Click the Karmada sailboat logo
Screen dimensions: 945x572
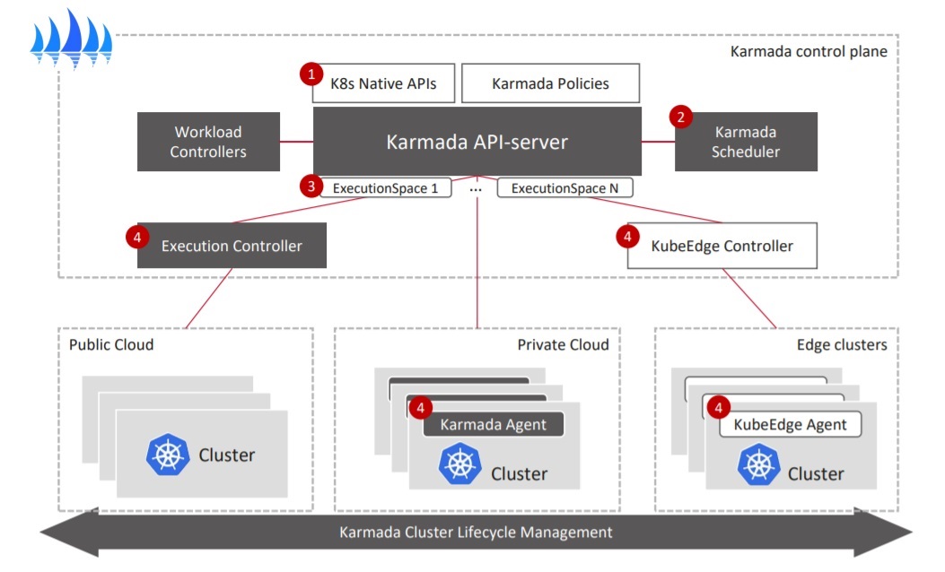click(x=71, y=39)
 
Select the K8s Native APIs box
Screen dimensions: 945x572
click(x=383, y=83)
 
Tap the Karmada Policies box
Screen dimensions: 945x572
click(x=550, y=83)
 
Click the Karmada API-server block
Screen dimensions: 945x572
click(x=477, y=142)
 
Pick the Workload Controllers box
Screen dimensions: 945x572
click(x=208, y=142)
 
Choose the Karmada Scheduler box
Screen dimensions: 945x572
click(x=746, y=142)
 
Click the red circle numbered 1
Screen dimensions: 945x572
click(x=311, y=74)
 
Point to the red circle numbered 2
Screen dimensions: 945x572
click(x=680, y=117)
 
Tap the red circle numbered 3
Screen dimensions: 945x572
click(x=311, y=186)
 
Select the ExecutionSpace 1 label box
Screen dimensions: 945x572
click(x=386, y=188)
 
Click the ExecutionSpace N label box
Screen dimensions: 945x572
click(x=564, y=188)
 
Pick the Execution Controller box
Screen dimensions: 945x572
click(x=232, y=246)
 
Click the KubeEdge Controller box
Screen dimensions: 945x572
click(x=722, y=246)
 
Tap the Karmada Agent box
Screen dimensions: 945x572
click(x=493, y=424)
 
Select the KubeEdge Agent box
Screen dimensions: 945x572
click(x=790, y=424)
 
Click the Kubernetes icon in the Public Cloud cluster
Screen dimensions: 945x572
click(x=168, y=455)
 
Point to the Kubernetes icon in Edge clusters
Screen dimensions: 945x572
click(x=758, y=464)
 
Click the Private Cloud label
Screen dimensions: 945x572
click(x=563, y=344)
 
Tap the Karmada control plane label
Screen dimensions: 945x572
click(x=809, y=52)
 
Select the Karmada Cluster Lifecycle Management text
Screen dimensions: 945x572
click(x=476, y=533)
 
